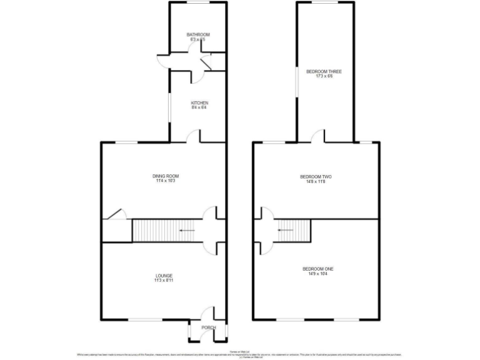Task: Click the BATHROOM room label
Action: pyautogui.click(x=197, y=34)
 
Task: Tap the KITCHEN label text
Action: pyautogui.click(x=199, y=103)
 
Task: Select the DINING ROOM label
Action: pyautogui.click(x=166, y=176)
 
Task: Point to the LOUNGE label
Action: pyautogui.click(x=164, y=276)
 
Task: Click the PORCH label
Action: pyautogui.click(x=208, y=327)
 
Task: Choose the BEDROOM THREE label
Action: pyautogui.click(x=324, y=72)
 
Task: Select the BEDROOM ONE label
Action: pyautogui.click(x=320, y=269)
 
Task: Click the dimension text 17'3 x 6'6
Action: pyautogui.click(x=324, y=77)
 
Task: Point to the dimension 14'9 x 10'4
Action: pyautogui.click(x=320, y=274)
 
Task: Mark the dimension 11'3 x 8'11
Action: pyautogui.click(x=164, y=281)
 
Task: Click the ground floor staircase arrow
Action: pyautogui.click(x=186, y=231)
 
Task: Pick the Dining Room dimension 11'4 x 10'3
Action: pyautogui.click(x=166, y=181)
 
